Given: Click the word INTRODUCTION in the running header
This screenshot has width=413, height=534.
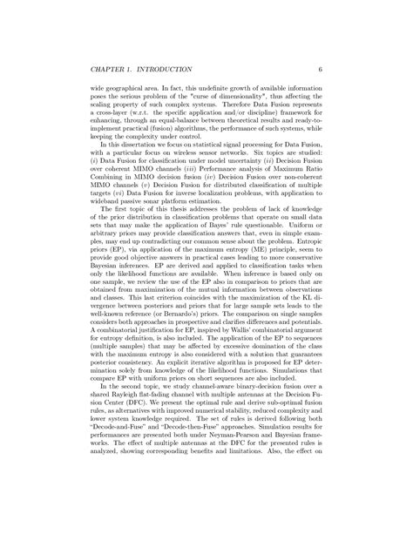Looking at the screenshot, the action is click(159, 68).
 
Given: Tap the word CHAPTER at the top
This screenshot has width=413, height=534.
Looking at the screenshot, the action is click(107, 68).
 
